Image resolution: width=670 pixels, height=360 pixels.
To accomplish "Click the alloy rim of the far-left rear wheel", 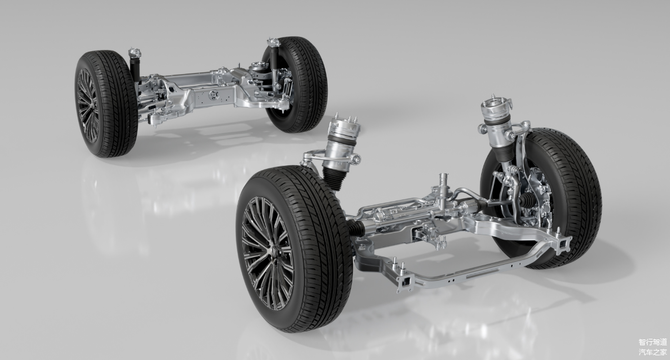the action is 88,105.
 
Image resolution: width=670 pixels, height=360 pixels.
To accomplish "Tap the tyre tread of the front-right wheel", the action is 572,196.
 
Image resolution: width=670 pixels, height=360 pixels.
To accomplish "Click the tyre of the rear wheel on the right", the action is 299,84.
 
